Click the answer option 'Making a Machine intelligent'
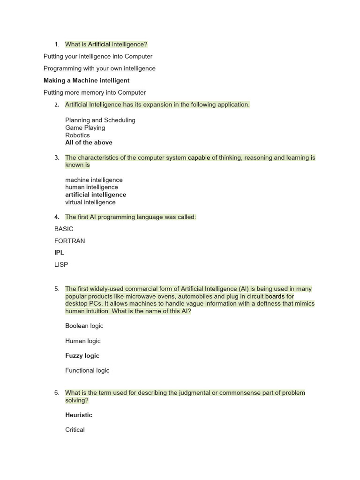86,81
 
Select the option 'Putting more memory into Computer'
94,93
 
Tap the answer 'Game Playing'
85,128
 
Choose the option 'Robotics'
77,135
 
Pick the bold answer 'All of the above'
89,142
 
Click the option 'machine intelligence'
94,180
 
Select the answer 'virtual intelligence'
90,202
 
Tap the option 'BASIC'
64,229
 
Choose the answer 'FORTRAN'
69,241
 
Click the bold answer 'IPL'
59,253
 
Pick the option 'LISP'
61,265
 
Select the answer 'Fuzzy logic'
82,356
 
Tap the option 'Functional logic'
87,371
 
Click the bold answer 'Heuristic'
79,415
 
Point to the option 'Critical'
75,430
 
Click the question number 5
57,289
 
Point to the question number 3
57,158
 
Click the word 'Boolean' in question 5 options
77,326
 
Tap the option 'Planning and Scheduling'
100,120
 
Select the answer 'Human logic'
82,341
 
